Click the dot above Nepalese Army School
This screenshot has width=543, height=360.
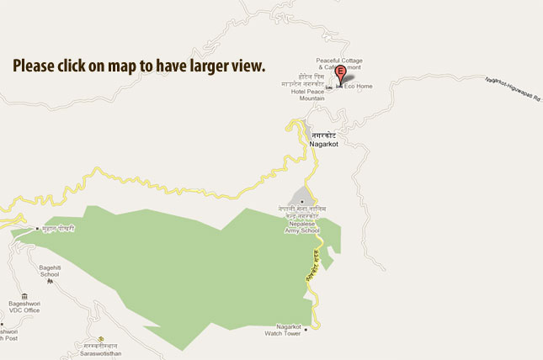[301, 201]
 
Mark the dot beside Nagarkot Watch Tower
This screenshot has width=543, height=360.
[306, 329]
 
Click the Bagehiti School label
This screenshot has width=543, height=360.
[50, 271]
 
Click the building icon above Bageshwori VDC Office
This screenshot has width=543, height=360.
[24, 296]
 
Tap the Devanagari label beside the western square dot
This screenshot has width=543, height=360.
[58, 228]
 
